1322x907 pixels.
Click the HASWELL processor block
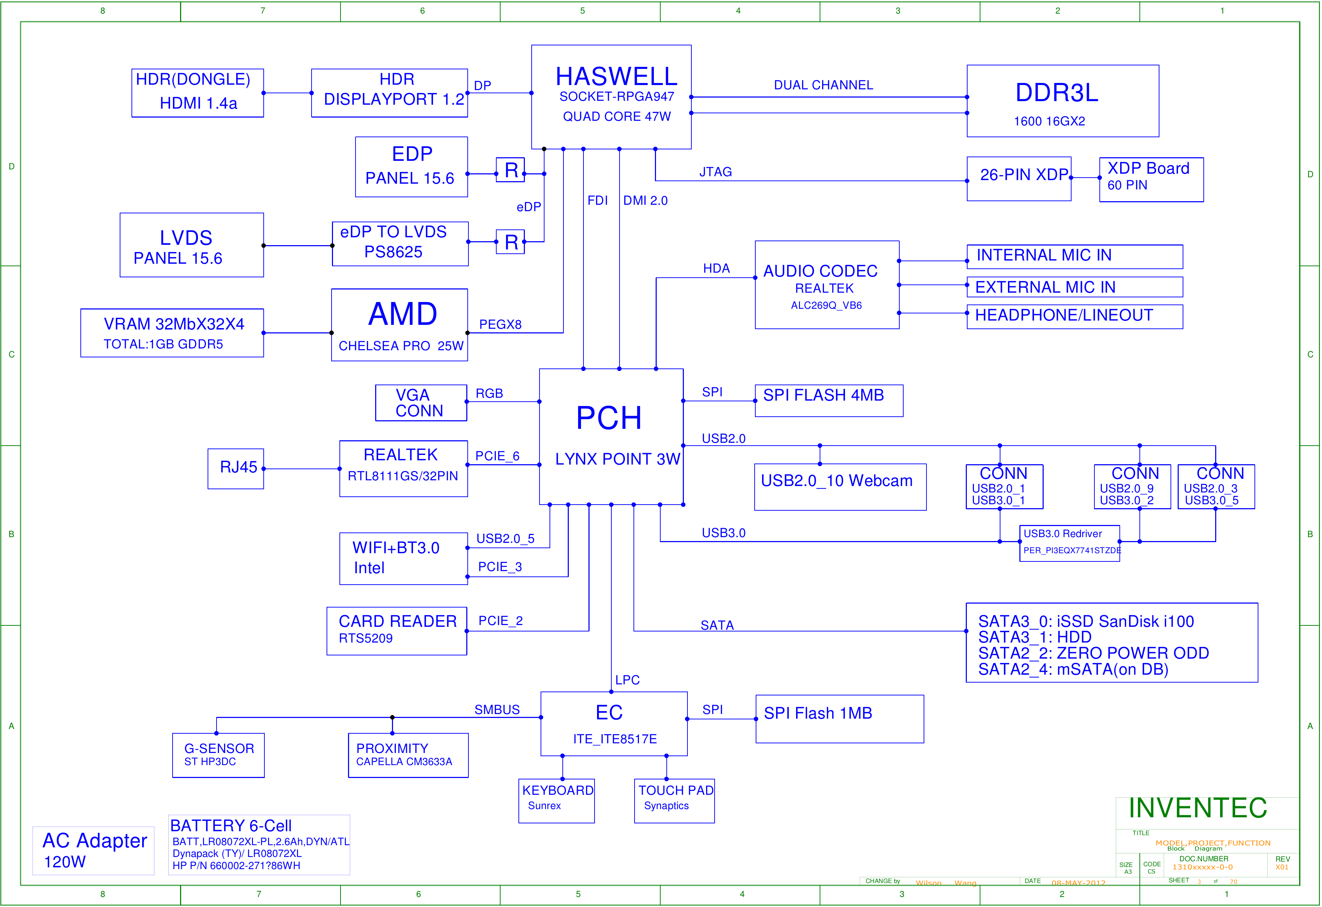(611, 97)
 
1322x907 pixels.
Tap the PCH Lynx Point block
(611, 436)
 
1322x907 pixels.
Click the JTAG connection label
(715, 172)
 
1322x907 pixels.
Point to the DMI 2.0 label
(645, 200)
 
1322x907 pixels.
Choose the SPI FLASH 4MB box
(828, 401)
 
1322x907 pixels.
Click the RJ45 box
(235, 468)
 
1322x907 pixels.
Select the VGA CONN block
(421, 403)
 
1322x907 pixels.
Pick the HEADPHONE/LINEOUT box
(1074, 316)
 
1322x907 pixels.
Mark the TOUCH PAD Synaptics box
(674, 800)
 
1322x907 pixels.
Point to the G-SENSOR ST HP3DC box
(218, 755)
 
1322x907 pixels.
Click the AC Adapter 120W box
(93, 850)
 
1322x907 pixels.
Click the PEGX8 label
(500, 324)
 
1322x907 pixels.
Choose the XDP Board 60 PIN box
(1151, 179)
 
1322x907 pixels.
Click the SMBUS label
(497, 709)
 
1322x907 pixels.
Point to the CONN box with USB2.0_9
(1132, 486)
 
